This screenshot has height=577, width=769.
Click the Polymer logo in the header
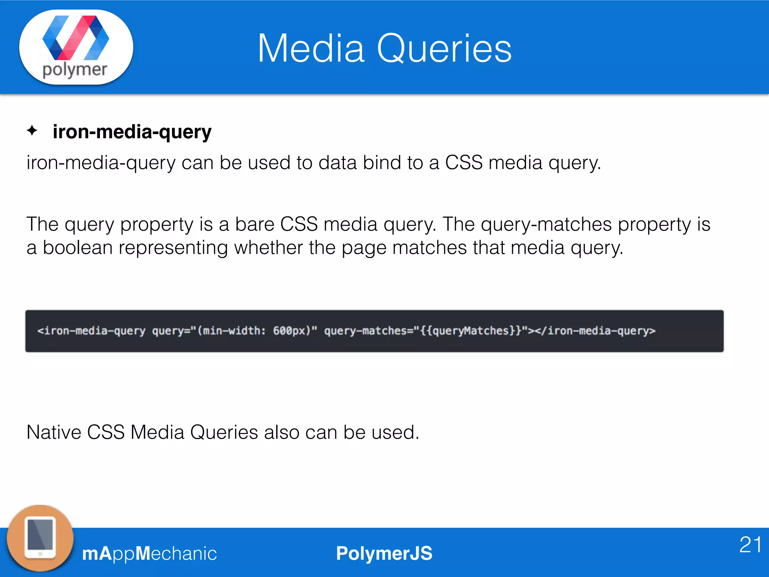point(76,47)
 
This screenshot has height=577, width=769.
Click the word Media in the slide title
point(311,48)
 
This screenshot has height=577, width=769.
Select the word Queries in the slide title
point(444,48)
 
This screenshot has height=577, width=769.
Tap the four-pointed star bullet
point(32,131)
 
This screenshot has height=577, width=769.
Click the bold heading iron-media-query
point(132,132)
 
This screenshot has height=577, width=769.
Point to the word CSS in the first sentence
point(464,163)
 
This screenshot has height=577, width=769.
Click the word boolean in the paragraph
point(78,248)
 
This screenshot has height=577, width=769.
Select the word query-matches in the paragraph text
point(546,224)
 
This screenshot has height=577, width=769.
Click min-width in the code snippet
point(231,331)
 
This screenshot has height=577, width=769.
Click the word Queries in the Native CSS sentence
point(224,432)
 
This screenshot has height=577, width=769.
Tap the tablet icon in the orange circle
point(40,538)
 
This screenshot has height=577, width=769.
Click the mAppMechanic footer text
point(149,553)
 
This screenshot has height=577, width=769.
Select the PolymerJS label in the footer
point(384,553)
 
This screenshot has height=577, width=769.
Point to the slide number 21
point(750,545)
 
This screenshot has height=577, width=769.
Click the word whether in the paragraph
point(268,248)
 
